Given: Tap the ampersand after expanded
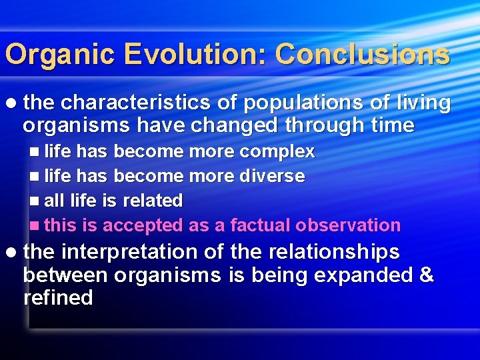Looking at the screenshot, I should point(426,275).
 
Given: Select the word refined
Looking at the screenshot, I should point(58,297).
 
